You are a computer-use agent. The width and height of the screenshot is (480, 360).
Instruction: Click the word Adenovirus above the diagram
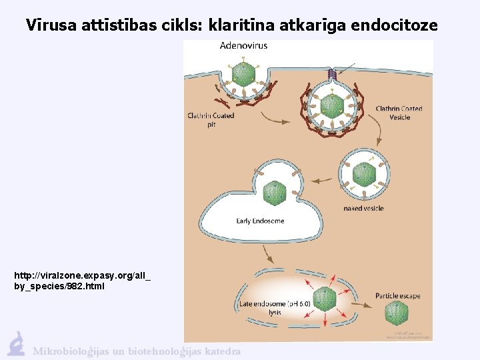[x=244, y=46]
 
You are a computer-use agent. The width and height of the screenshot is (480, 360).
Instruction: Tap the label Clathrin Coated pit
[x=211, y=119]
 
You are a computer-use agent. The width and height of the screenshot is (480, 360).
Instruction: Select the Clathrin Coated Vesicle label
[x=399, y=113]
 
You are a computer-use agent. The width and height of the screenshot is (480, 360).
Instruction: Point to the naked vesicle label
[x=363, y=209]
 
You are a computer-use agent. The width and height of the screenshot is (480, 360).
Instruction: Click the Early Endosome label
[x=260, y=221]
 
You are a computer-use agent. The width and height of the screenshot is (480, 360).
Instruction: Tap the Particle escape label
[x=397, y=296]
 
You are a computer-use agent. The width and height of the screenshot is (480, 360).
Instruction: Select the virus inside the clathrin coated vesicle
[x=331, y=105]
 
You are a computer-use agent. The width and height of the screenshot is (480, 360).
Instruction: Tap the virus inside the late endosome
[x=325, y=299]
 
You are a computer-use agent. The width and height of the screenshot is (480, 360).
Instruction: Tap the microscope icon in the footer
[x=16, y=343]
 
